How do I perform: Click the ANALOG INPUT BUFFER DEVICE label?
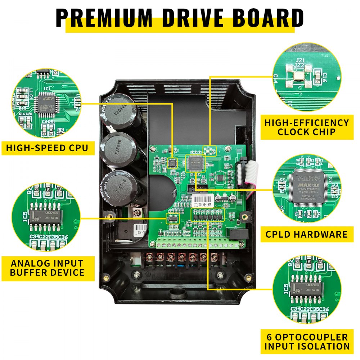pos(47,268)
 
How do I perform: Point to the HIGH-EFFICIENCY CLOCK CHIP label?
pos(306,127)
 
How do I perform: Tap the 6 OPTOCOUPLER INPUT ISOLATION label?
pos(307,342)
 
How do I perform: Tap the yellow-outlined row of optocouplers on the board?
pos(207,216)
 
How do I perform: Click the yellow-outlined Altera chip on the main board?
pos(195,163)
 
